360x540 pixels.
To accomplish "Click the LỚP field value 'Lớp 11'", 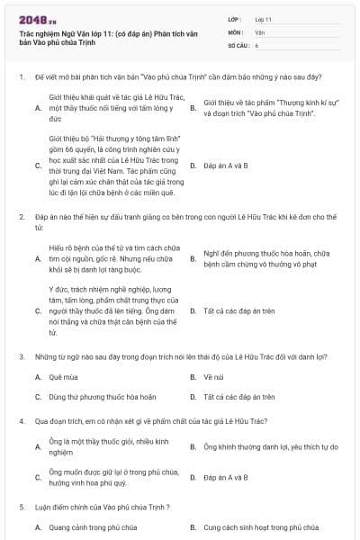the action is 264,19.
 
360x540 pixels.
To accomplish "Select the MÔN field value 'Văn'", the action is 259,31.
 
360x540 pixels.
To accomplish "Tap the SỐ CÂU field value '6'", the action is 256,44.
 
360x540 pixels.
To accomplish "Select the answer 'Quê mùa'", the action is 62,376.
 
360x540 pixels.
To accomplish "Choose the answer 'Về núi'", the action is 213,376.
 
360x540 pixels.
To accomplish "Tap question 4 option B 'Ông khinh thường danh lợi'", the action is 270,446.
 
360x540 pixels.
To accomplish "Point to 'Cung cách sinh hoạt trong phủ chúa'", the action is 261,527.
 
